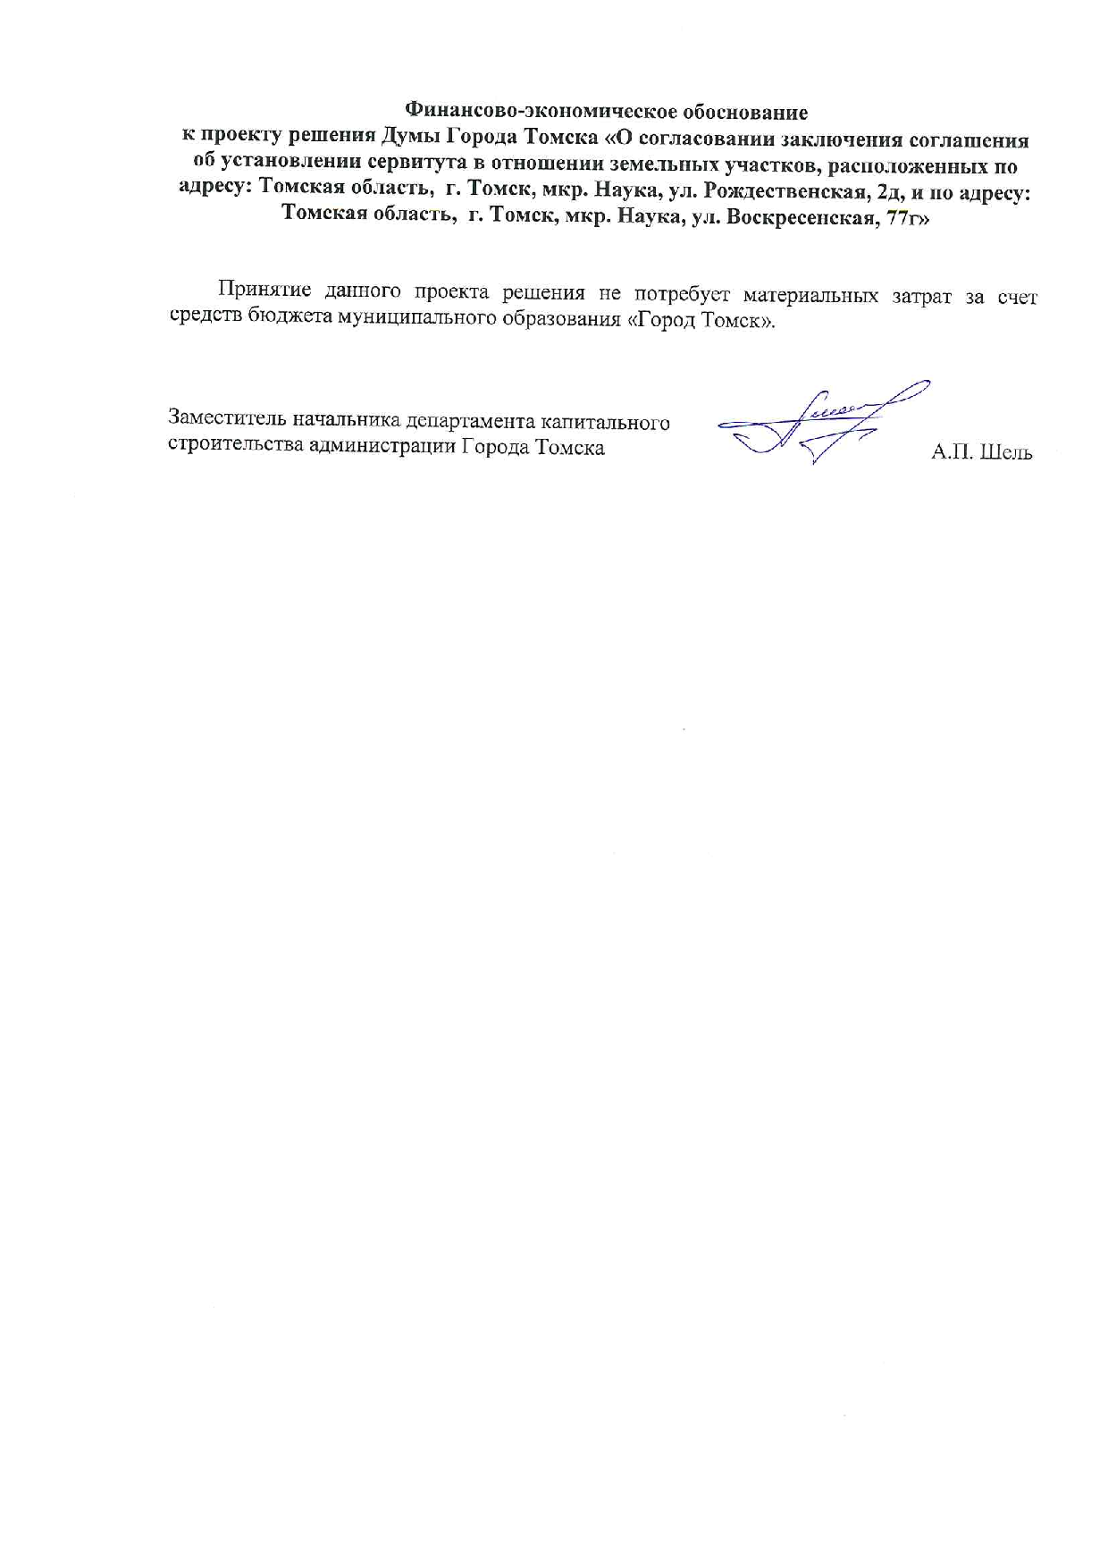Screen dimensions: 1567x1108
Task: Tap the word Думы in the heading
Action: pos(409,139)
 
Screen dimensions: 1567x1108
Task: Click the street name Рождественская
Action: pos(781,191)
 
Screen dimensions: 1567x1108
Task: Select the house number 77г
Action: pos(906,217)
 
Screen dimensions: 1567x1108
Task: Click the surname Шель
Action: pos(1006,453)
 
